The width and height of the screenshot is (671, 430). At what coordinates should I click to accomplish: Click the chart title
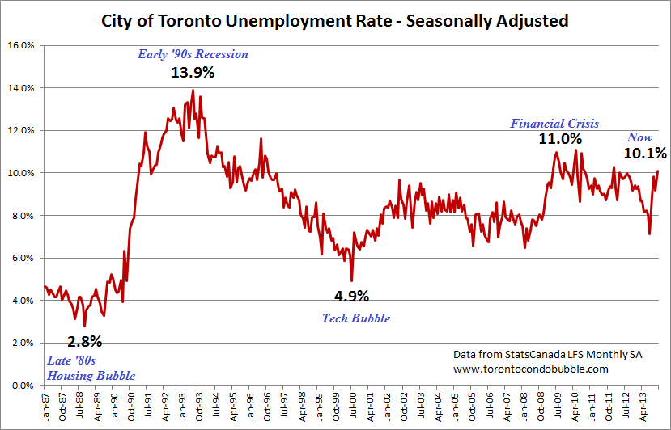[x=335, y=20]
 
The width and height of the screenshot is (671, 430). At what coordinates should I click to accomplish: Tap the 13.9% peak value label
[x=193, y=73]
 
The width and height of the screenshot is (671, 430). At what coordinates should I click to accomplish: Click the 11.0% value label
[x=560, y=139]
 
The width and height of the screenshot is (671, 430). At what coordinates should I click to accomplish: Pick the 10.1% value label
[x=644, y=153]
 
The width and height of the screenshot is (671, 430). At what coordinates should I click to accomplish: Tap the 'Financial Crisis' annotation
[x=554, y=124]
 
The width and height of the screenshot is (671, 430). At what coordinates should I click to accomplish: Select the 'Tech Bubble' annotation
[x=356, y=318]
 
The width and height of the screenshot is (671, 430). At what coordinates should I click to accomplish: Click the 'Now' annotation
[x=640, y=137]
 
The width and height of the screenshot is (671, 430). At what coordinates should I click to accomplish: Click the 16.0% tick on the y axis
[x=21, y=45]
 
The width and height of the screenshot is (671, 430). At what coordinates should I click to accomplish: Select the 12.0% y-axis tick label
[x=21, y=130]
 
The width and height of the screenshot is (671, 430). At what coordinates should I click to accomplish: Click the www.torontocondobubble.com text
[x=529, y=369]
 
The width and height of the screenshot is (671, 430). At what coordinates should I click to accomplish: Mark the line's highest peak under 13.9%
[x=193, y=91]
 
